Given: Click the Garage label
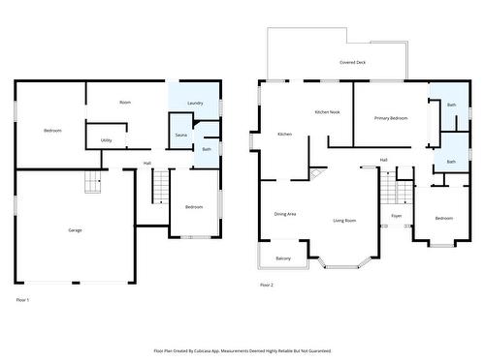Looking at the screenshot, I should pos(75,229).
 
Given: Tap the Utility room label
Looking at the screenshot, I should pos(106,140).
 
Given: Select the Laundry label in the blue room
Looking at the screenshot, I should pos(194,102).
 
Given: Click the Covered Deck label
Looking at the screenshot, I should pos(352,62).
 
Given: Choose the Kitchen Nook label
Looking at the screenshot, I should pos(327,112).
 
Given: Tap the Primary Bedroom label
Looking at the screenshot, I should pos(391,118).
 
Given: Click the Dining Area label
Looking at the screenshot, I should pos(284,213).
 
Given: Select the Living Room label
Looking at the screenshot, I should pos(344,221).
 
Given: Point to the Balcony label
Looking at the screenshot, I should pos(282,258).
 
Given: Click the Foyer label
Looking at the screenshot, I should pos(396,215).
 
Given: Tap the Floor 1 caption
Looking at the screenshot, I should pos(23,301).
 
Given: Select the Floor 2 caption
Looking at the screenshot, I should pos(266,285).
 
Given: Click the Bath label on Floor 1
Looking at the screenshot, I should pos(207,149).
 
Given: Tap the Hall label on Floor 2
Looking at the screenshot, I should pos(384,160).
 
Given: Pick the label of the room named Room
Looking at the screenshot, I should pos(125,102).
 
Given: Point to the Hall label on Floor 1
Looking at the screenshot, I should pos(147,163).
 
